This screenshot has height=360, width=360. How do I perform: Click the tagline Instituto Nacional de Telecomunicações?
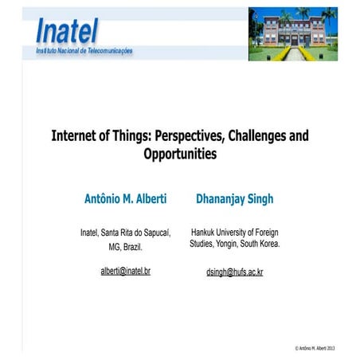click(x=84, y=50)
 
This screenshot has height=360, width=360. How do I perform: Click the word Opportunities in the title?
click(x=180, y=154)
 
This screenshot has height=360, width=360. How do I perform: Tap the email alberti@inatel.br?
click(x=125, y=271)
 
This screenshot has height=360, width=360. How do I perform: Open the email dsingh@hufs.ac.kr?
click(x=235, y=272)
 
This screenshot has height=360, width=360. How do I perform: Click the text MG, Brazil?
click(x=125, y=247)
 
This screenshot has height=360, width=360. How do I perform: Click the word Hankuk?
click(x=205, y=232)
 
